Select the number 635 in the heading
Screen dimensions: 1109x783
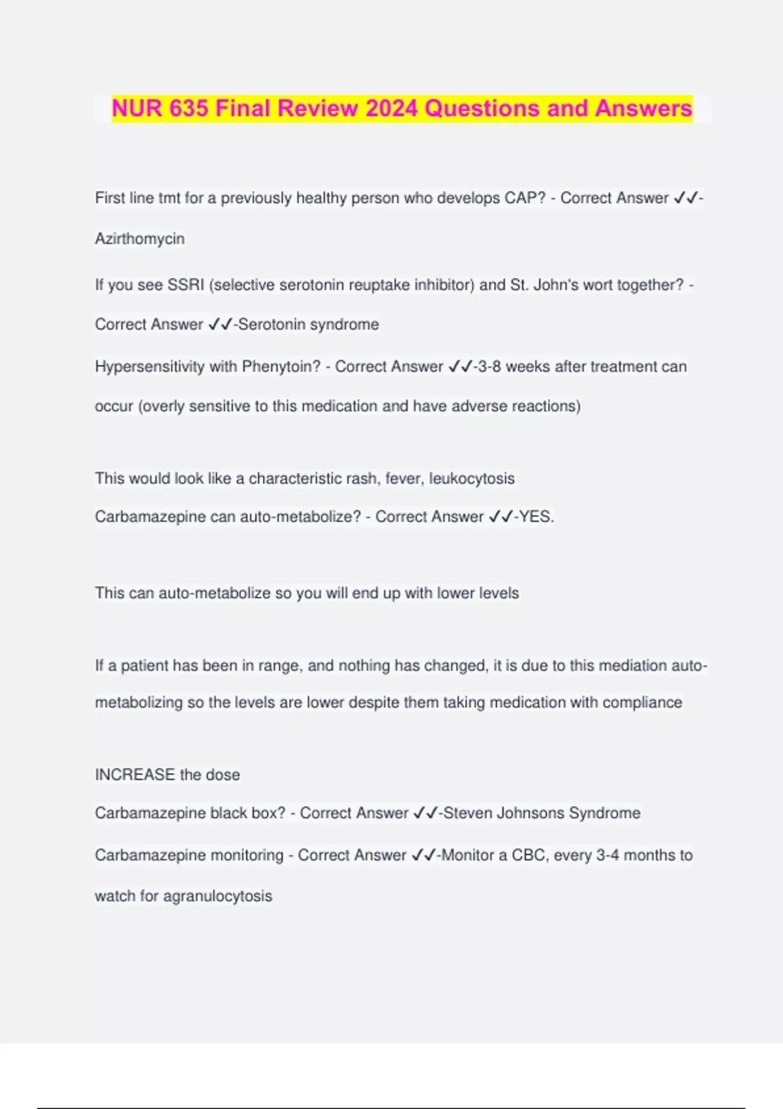point(189,108)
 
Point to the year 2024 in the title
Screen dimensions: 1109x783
point(391,108)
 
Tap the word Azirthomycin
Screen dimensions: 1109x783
point(140,239)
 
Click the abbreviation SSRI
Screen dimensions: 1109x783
point(186,285)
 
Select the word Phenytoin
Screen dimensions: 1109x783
point(281,367)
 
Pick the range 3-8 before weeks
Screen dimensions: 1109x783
point(489,367)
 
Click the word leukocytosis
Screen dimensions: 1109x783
point(472,479)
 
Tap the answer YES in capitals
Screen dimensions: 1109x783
point(536,517)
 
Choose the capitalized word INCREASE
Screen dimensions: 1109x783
point(135,775)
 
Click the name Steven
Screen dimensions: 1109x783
point(468,813)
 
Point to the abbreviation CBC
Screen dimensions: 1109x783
point(529,855)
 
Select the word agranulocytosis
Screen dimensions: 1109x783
point(217,896)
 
